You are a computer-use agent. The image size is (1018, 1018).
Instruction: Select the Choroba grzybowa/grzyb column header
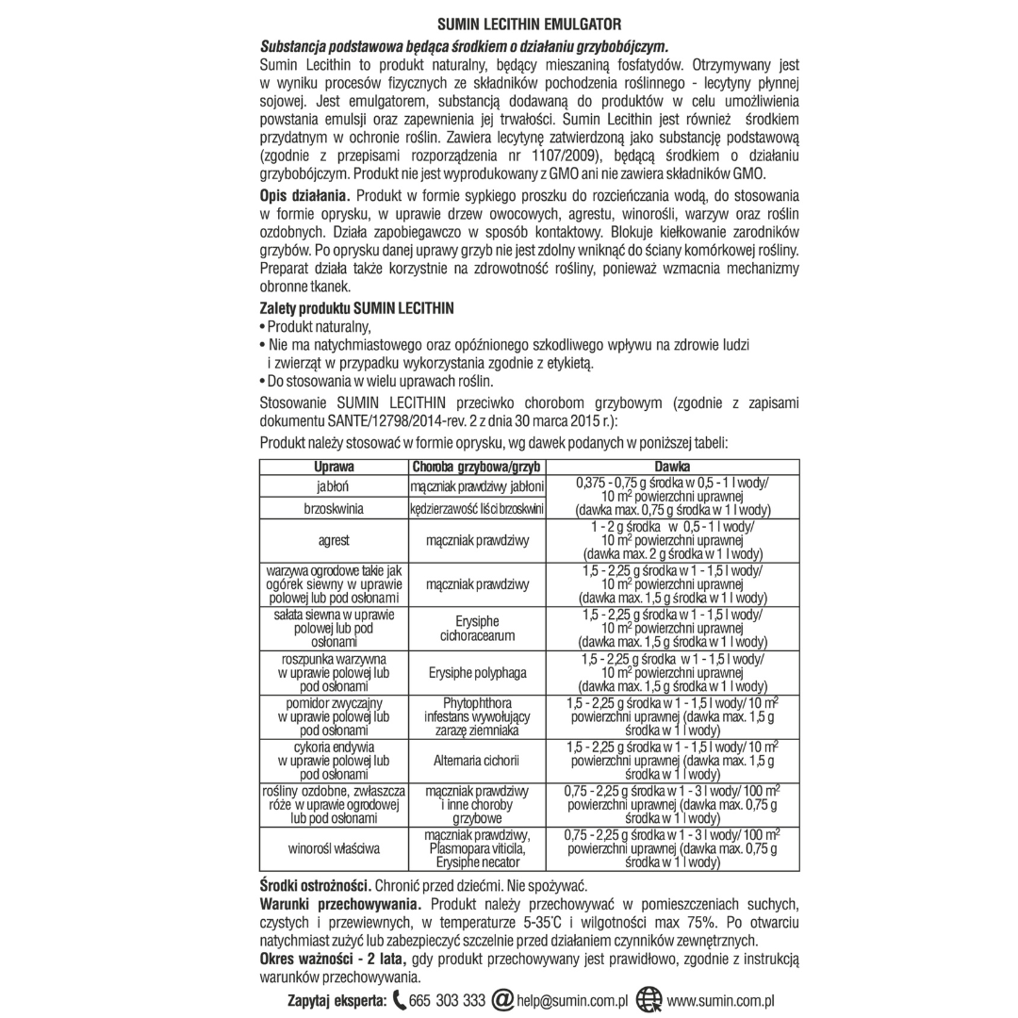475,467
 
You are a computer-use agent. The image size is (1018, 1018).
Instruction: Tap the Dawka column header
673,467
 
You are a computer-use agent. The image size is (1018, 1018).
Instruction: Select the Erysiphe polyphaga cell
475,673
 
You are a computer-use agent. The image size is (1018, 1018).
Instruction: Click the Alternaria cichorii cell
475,759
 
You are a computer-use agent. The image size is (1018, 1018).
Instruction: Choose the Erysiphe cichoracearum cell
475,629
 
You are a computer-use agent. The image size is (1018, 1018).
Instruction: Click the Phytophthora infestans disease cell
475,716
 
